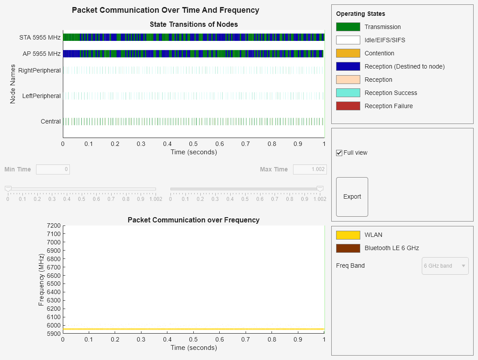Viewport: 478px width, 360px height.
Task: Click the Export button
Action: pyautogui.click(x=352, y=197)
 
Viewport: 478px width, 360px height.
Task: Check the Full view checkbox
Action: pyautogui.click(x=339, y=153)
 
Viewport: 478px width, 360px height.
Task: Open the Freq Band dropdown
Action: pyautogui.click(x=445, y=266)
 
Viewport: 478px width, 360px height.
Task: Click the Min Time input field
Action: pyautogui.click(x=53, y=169)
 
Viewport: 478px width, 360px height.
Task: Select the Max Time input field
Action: pyautogui.click(x=309, y=169)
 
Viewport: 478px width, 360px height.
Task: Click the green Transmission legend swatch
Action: pyautogui.click(x=348, y=27)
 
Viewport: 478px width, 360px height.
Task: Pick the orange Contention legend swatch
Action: pyautogui.click(x=348, y=53)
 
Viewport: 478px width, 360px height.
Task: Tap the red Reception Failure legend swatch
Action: pyautogui.click(x=348, y=106)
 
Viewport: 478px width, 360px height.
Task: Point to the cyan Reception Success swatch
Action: pyautogui.click(x=348, y=93)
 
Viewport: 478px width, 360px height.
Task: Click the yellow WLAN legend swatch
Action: pyautogui.click(x=348, y=235)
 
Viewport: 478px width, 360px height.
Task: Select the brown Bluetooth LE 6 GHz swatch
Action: pyautogui.click(x=348, y=248)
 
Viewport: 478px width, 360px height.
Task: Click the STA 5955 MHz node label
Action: pyautogui.click(x=40, y=37)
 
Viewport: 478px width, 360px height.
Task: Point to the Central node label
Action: pyautogui.click(x=51, y=121)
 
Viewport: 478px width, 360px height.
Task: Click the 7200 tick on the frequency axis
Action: pyautogui.click(x=53, y=225)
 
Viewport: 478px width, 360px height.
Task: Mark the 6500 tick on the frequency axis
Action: pyautogui.click(x=53, y=284)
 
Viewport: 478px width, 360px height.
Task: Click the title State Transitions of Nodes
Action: pyautogui.click(x=194, y=24)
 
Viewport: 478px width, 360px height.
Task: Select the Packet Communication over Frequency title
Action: pyautogui.click(x=194, y=220)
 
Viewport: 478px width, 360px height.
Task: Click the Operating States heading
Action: pyautogui.click(x=360, y=14)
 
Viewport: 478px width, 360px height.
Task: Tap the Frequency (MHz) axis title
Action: pyautogui.click(x=41, y=280)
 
